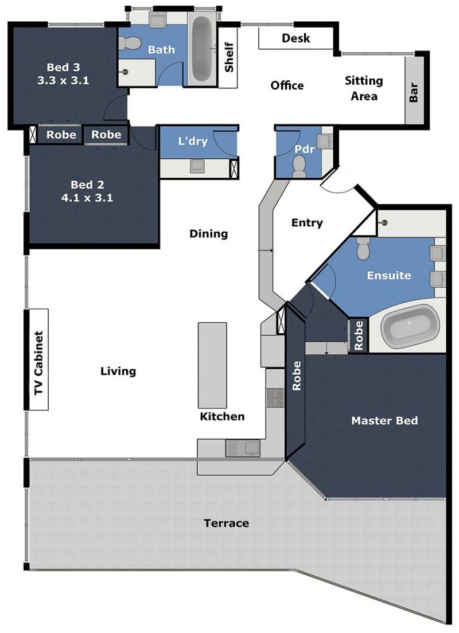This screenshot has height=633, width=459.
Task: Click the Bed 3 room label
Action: click(x=64, y=67)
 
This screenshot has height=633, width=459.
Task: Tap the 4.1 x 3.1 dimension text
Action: click(x=87, y=198)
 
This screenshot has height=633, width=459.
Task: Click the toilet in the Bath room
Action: click(x=130, y=42)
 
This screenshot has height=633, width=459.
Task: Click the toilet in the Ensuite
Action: click(x=363, y=248)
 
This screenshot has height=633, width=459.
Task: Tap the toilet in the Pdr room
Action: click(x=299, y=166)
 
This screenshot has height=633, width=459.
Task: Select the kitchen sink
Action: click(x=243, y=448)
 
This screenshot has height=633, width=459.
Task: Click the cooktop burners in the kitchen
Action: click(x=275, y=398)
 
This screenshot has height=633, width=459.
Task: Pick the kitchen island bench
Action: click(x=212, y=365)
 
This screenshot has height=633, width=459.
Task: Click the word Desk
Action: click(x=295, y=38)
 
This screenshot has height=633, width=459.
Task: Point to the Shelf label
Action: click(x=229, y=57)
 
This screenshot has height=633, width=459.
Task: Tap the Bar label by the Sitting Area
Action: click(x=413, y=92)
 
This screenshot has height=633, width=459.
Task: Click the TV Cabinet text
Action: click(x=38, y=363)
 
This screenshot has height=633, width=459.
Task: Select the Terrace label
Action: click(x=226, y=523)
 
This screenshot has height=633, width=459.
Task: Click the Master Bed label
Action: click(x=384, y=421)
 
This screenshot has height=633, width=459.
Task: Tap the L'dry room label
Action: click(x=193, y=141)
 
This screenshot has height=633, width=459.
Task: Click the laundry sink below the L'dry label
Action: click(x=197, y=166)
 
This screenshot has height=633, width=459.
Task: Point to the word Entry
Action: click(x=307, y=223)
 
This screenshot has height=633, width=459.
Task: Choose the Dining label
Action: click(x=208, y=234)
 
